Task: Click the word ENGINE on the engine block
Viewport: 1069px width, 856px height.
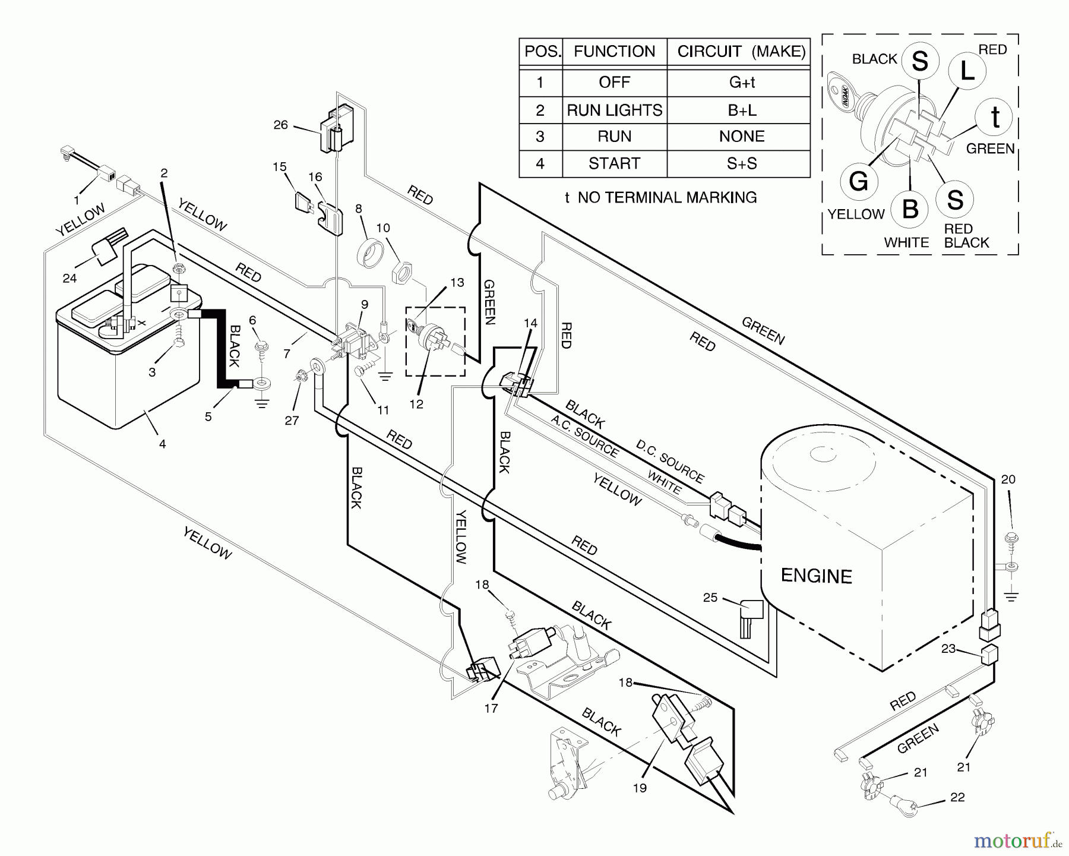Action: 816,576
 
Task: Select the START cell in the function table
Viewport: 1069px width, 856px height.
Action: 614,163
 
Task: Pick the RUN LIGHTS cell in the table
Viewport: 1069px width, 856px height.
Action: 614,110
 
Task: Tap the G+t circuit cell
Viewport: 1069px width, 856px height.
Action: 742,83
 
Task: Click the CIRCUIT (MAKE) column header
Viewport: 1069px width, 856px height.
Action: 742,52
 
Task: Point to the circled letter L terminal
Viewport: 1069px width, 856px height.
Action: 967,71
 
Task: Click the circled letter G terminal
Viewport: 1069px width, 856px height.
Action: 859,181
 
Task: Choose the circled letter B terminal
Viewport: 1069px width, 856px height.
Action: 910,209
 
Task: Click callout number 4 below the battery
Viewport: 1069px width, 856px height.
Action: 162,444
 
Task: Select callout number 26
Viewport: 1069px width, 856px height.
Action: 280,125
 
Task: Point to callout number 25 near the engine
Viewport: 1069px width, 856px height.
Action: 710,598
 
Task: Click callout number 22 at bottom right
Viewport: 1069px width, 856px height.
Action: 957,797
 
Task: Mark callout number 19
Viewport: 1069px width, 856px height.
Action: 640,788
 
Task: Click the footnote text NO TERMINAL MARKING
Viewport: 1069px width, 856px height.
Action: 667,197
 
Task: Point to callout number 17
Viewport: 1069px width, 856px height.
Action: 491,708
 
